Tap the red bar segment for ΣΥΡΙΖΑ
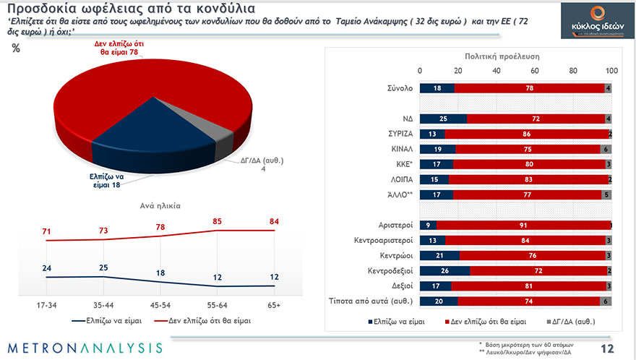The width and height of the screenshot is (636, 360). [x=526, y=134]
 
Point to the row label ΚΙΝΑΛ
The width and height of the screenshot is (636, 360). [x=397, y=148]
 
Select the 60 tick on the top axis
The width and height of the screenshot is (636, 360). [x=535, y=71]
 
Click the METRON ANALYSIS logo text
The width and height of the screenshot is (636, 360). [x=86, y=348]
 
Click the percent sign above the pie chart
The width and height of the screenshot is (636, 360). [x=17, y=49]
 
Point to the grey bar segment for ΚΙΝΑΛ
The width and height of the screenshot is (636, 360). [x=606, y=148]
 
